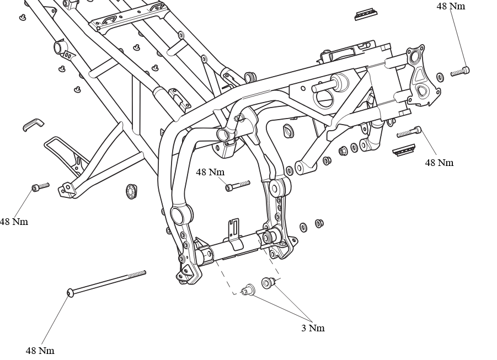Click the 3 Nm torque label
[x=313, y=328]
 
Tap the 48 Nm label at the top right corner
[x=451, y=6]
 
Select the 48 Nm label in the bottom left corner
[x=40, y=351]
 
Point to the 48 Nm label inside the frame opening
[x=210, y=172]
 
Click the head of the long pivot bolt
[x=70, y=293]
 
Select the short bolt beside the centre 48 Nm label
[x=238, y=186]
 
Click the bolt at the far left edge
[x=41, y=187]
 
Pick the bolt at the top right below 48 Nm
[x=460, y=71]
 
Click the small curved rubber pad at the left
[x=33, y=124]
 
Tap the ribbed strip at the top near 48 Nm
[x=366, y=14]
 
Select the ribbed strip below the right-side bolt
[x=404, y=151]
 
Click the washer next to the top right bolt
[x=440, y=77]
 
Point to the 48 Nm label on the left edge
[x=14, y=222]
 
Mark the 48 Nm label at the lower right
[x=439, y=163]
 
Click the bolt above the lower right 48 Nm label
[x=409, y=132]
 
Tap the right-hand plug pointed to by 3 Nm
[x=269, y=282]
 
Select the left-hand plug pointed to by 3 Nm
[x=248, y=289]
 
